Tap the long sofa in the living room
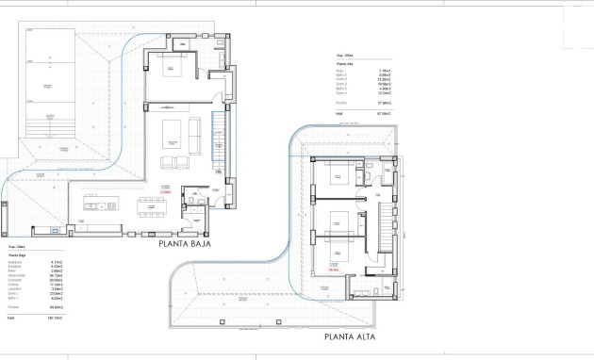click(x=195, y=138)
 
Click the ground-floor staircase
click(x=220, y=141)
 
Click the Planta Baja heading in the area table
click(x=17, y=254)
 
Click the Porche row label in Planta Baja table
click(x=13, y=307)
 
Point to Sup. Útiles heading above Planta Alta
click(x=334, y=56)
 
